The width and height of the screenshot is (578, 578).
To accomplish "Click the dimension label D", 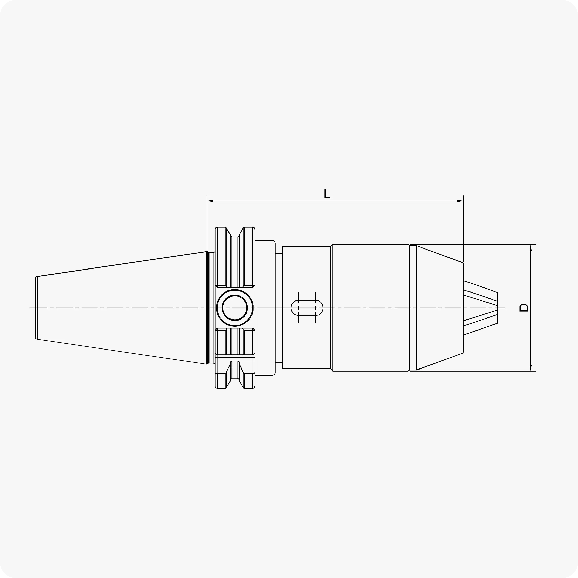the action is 523,308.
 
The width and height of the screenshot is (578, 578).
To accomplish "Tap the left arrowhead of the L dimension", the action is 210,201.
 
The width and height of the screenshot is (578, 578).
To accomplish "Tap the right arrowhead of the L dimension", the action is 460,201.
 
